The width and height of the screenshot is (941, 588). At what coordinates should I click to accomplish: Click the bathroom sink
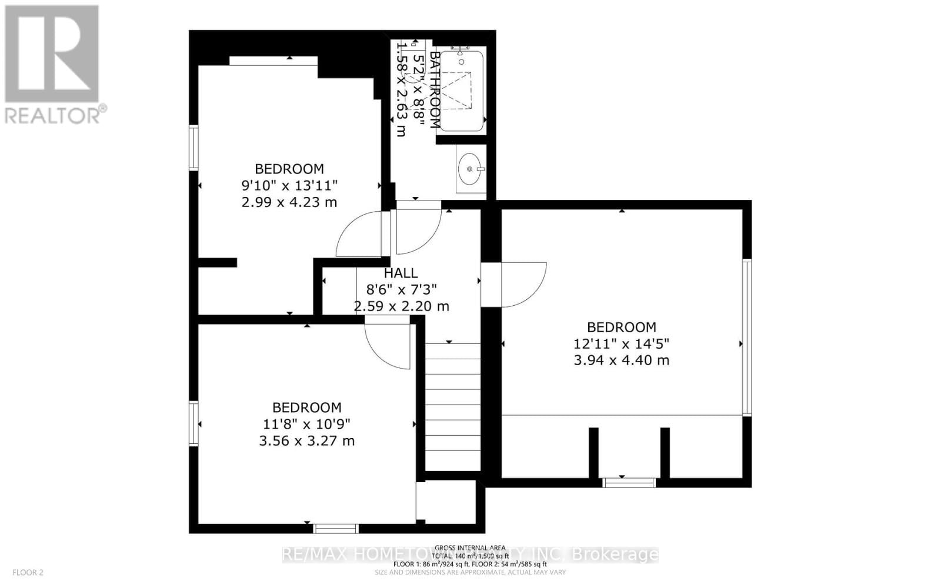[471, 169]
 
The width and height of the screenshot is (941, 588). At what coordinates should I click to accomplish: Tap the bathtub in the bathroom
[461, 91]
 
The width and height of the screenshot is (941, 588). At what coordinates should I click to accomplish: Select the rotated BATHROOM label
[435, 89]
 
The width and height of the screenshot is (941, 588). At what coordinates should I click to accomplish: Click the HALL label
[401, 273]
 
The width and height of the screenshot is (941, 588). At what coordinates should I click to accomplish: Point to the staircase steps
[452, 406]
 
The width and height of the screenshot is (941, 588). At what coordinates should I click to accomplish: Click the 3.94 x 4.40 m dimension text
[621, 360]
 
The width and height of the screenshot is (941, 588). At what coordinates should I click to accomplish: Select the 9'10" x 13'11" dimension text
[289, 186]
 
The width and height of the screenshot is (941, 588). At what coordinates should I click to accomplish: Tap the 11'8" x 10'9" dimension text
[306, 424]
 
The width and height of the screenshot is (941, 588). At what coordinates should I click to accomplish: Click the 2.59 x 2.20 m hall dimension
[401, 306]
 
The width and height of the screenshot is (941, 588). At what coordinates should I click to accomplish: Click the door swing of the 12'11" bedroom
[520, 285]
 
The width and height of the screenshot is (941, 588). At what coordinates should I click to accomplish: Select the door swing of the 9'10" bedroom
[360, 235]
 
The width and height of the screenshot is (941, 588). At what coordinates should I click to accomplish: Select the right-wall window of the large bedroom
[746, 338]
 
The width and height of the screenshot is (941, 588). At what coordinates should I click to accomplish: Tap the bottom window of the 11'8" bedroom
[335, 529]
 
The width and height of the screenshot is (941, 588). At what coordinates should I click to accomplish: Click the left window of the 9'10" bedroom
[193, 148]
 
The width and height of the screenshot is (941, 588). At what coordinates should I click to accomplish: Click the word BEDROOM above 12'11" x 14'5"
[621, 327]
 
